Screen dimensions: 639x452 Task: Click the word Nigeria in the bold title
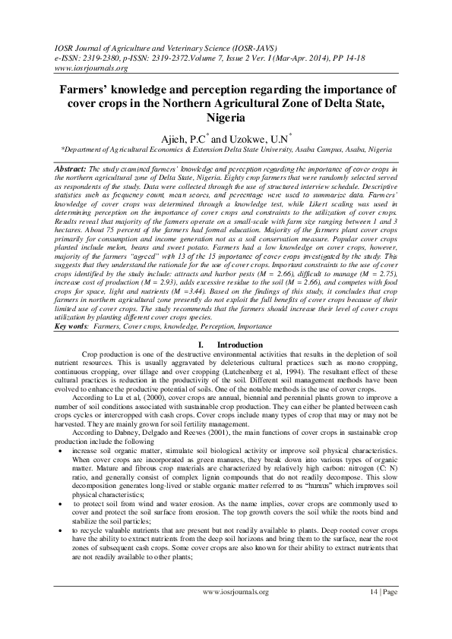[226, 118]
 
